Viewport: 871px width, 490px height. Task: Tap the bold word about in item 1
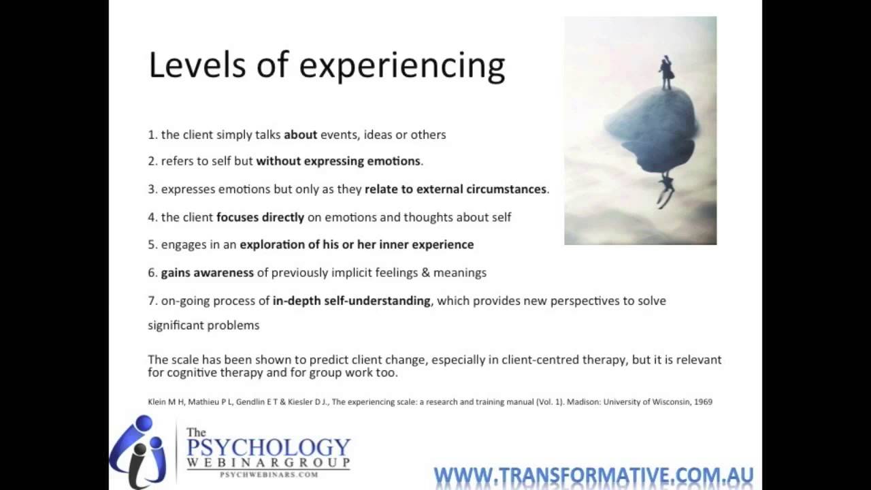(x=300, y=135)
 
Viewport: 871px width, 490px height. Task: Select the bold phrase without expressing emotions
(x=338, y=161)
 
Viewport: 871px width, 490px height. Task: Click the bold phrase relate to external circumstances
(x=455, y=189)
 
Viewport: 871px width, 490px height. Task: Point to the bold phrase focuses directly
(x=260, y=217)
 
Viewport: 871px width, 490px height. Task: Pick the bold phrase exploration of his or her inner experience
(x=357, y=244)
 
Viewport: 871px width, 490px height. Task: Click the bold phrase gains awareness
(x=207, y=272)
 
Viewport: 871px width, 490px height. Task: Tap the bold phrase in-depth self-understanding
(x=351, y=300)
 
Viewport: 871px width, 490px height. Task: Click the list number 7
(x=152, y=301)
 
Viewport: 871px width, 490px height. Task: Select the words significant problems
(x=203, y=325)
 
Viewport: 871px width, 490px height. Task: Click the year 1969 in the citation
(x=701, y=402)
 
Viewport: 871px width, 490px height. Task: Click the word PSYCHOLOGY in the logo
(x=268, y=448)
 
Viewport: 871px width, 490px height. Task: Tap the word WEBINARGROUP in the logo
(x=268, y=463)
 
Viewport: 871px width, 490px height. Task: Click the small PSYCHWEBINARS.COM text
(x=268, y=474)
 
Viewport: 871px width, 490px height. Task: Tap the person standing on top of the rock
(x=665, y=72)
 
